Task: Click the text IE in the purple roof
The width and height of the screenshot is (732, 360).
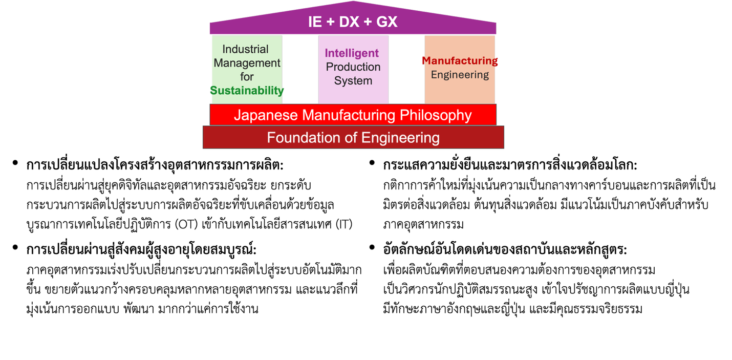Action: [x=315, y=22]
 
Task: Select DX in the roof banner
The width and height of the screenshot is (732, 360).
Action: [x=349, y=22]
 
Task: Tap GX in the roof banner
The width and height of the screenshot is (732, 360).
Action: [x=387, y=22]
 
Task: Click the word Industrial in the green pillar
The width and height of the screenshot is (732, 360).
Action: [x=245, y=49]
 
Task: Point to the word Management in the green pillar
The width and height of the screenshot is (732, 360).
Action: [x=247, y=63]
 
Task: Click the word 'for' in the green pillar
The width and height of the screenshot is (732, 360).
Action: [x=247, y=77]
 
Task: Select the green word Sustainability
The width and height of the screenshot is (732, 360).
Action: [x=247, y=91]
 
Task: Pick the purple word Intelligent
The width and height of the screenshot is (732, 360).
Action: [x=352, y=53]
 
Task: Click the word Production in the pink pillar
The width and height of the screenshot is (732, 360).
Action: [x=353, y=67]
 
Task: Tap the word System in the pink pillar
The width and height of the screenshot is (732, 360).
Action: [x=353, y=81]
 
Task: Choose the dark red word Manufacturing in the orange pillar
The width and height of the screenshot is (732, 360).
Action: [x=460, y=61]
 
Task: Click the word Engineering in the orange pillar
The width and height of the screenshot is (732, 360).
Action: [x=460, y=75]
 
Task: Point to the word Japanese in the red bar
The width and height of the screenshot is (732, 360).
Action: [x=266, y=115]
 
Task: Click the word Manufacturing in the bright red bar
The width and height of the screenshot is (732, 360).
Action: [x=349, y=115]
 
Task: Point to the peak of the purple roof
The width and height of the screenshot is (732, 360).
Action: [x=353, y=2]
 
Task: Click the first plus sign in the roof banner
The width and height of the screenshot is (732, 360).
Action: [x=330, y=22]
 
